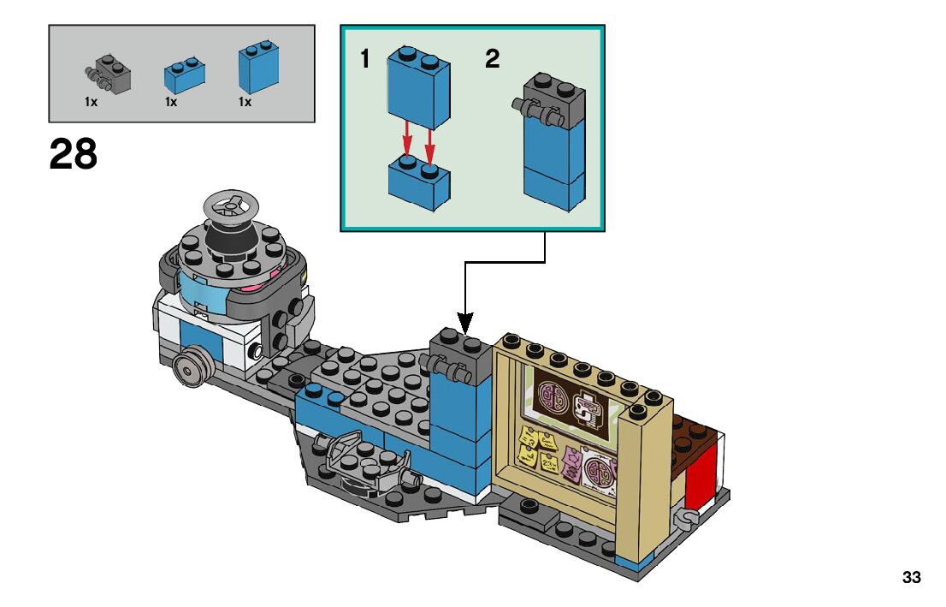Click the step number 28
coord(74,155)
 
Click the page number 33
coord(911,578)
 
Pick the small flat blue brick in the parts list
coord(182,76)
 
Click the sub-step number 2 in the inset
coord(492,60)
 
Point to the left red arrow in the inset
coord(408,140)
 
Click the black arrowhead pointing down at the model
coord(464,324)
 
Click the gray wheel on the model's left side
coord(190,368)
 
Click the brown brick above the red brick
coord(695,432)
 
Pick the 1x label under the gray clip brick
coord(90,102)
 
